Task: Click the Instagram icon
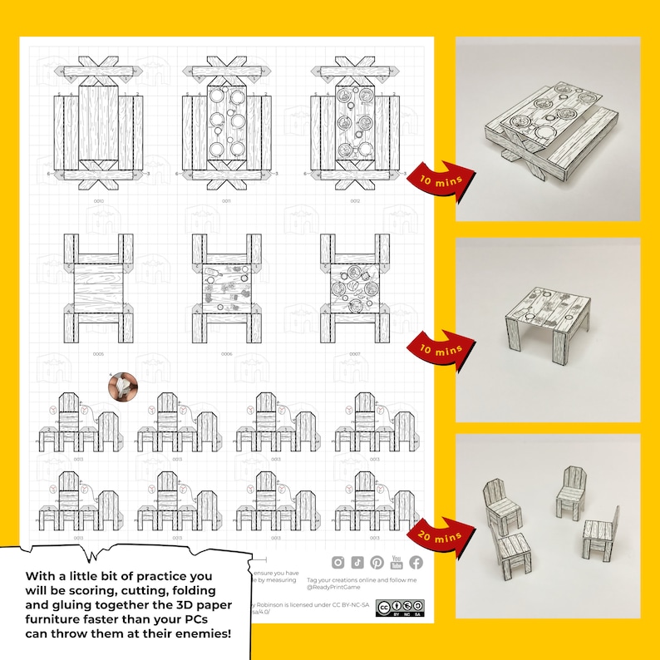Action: click(x=338, y=563)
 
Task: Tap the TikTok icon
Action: click(x=357, y=563)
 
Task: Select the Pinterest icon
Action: click(x=377, y=563)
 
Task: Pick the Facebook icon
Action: click(x=416, y=563)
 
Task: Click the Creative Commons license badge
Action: click(x=400, y=608)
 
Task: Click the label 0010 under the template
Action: click(x=98, y=201)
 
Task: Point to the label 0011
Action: click(x=226, y=201)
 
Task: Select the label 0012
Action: click(x=355, y=201)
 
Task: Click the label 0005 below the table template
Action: click(x=98, y=354)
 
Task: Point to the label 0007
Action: click(x=355, y=354)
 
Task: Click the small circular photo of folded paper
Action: click(x=121, y=385)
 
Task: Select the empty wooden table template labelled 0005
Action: click(x=98, y=283)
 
